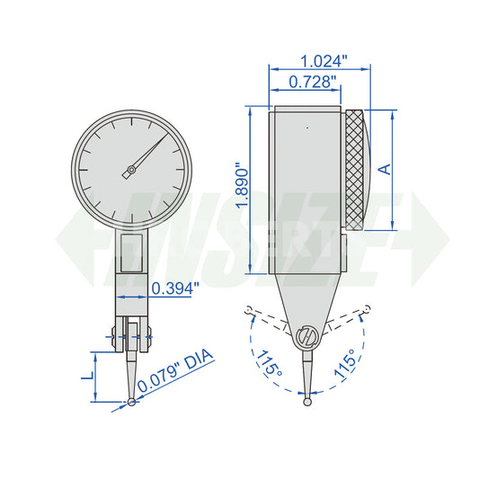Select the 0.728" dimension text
[314, 82]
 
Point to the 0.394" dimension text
[175, 288]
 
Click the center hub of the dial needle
[131, 169]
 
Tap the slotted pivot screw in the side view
[306, 337]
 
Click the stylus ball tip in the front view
[132, 401]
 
